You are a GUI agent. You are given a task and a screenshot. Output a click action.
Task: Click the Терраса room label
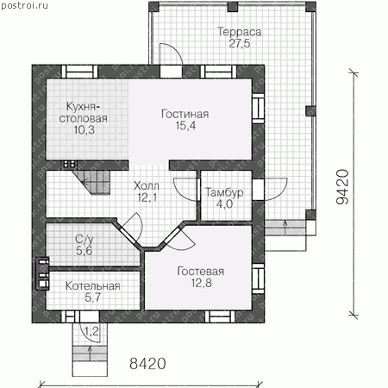[x=239, y=32]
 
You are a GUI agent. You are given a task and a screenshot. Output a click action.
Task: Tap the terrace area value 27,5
[x=240, y=43]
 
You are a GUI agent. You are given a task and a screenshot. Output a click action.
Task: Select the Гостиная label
[x=185, y=114]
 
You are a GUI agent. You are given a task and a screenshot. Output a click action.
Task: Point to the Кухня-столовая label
[x=84, y=112]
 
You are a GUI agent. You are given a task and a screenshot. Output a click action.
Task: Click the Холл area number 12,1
[x=147, y=197]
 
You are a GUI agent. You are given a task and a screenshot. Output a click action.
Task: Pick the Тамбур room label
[x=224, y=192]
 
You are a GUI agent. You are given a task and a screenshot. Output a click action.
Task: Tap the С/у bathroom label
[x=84, y=239]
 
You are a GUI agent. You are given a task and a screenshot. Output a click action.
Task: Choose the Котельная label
[x=93, y=286]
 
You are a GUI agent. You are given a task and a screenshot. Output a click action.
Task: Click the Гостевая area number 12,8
[x=202, y=283]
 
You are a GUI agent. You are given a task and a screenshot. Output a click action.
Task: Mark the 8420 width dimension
[x=147, y=364]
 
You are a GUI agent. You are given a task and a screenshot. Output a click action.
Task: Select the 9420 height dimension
[x=342, y=187]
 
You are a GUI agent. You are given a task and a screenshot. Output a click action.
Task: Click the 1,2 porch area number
[x=91, y=331]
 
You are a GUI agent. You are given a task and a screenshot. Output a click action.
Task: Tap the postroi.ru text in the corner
[x=25, y=5]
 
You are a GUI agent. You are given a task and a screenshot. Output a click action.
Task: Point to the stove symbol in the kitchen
[x=69, y=165]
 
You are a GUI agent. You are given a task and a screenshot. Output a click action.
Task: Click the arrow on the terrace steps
[x=285, y=228]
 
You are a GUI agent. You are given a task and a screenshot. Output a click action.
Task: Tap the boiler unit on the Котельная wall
[x=42, y=273]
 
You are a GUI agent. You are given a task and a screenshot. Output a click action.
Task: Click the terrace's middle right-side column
[x=310, y=111]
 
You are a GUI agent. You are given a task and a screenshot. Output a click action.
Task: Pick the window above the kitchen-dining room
[x=80, y=72]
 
